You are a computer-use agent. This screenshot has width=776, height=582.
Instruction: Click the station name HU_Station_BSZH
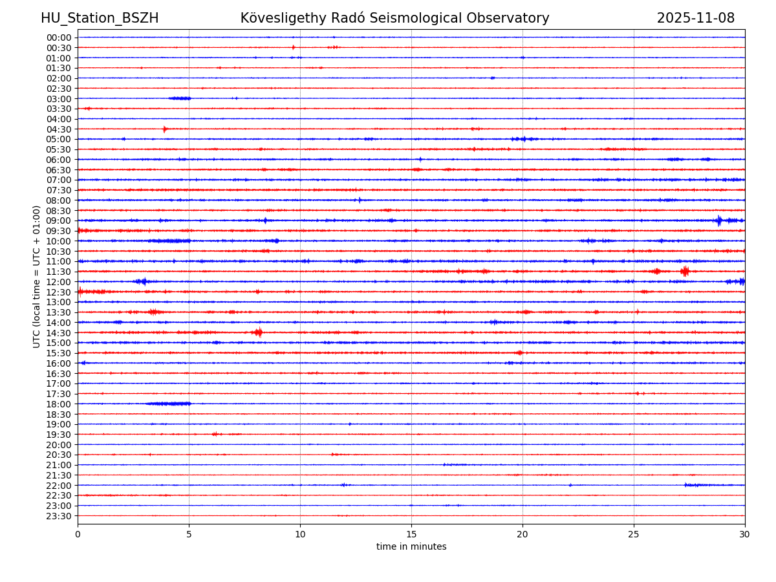point(100,18)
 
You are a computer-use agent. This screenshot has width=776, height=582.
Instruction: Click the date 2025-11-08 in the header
point(695,18)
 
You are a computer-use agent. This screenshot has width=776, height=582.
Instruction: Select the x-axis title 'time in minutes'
point(411,546)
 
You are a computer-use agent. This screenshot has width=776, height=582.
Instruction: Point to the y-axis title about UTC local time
point(37,276)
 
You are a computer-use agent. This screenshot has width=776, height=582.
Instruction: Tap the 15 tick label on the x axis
point(411,534)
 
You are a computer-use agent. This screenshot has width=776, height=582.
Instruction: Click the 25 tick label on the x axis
point(634,534)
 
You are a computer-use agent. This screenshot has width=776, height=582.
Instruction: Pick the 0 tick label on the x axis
point(78,534)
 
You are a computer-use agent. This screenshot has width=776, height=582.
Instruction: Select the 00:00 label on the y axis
point(59,38)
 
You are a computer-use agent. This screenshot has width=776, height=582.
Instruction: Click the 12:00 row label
point(59,282)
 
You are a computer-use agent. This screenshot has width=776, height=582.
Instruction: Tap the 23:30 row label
point(59,516)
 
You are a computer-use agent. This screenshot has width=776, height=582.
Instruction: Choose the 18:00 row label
point(59,404)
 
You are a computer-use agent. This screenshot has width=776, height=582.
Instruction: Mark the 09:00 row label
point(59,221)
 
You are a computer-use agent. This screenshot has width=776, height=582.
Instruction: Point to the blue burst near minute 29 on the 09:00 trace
point(719,221)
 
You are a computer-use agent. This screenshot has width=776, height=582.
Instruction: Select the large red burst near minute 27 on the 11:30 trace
point(685,271)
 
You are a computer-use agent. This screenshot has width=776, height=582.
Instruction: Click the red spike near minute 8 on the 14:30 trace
point(258,332)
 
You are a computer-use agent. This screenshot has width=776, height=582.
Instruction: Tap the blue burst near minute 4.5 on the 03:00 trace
point(180,98)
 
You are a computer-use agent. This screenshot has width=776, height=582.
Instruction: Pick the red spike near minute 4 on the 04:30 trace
point(165,129)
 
